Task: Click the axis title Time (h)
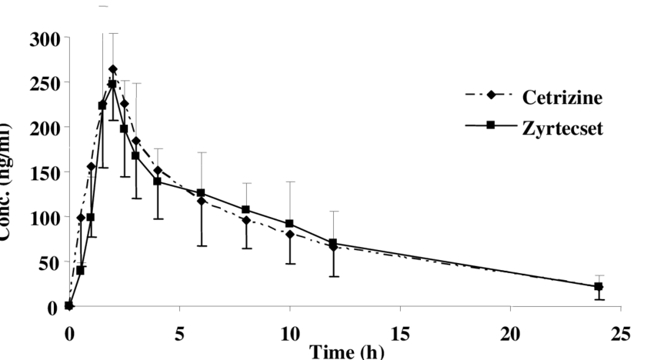343,351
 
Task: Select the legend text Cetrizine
562,98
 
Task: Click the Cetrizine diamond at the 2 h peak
113,69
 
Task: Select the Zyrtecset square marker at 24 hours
598,287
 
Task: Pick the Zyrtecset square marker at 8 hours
245,210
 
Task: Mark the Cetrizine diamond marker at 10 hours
289,235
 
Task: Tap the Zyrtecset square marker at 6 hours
201,193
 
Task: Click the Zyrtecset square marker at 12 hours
333,243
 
